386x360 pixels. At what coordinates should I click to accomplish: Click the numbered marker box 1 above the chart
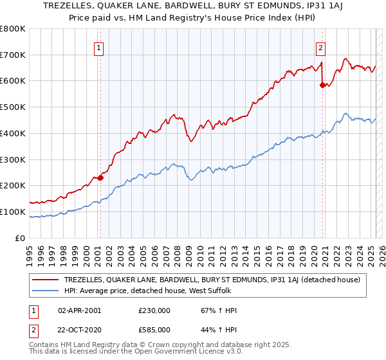100,47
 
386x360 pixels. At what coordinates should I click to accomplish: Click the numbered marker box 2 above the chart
320,47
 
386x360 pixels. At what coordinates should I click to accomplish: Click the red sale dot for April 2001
100,178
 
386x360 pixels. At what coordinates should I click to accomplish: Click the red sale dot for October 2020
322,84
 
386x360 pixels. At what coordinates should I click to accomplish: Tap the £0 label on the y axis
21,238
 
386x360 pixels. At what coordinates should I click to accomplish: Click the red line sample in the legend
46,280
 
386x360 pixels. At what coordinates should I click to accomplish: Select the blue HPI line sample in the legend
46,291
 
